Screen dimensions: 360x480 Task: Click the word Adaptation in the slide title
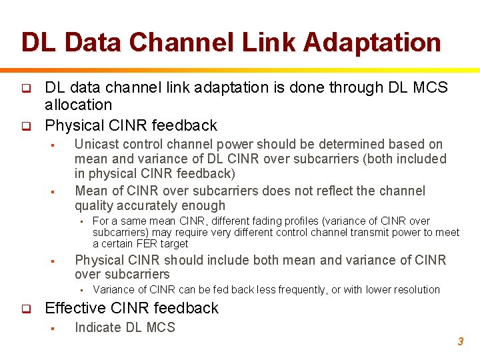pos(372,43)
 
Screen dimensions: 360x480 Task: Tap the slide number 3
pos(460,341)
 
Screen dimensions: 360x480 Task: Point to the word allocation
pos(78,105)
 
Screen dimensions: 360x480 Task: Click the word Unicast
pos(96,144)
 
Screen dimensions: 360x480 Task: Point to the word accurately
pos(146,205)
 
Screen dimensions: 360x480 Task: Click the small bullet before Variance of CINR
pos(79,290)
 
